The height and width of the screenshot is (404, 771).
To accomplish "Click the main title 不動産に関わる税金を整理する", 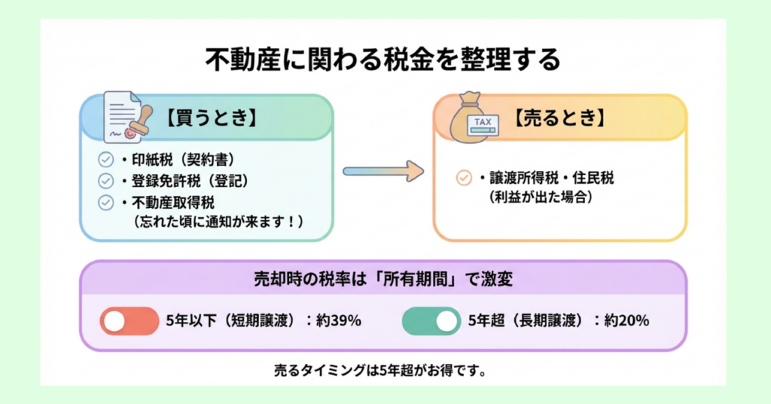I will point(383,60).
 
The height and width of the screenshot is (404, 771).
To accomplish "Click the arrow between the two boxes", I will point(382,171).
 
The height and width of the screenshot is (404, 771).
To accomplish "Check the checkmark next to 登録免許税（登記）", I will point(106,181).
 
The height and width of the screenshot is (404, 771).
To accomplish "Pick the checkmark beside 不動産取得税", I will point(106,202).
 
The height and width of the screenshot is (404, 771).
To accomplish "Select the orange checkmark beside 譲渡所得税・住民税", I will point(464,179).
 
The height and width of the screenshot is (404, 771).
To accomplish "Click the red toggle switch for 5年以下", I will point(129,321).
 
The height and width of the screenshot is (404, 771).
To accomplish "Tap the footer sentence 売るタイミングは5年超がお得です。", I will point(383,372).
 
